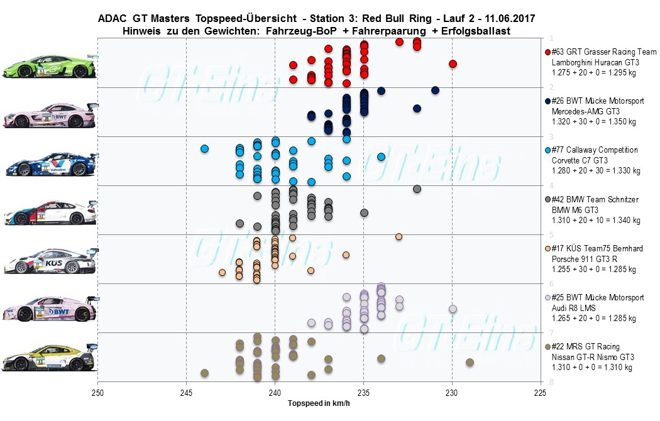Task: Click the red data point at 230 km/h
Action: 453,63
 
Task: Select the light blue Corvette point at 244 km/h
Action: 204,149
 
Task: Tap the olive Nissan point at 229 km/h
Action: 470,363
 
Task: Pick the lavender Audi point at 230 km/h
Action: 453,309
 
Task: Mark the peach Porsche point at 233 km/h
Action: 399,236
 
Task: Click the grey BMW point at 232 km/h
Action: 417,189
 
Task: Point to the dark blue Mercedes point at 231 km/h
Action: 435,90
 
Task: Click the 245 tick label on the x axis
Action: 186,393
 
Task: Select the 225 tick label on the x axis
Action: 540,393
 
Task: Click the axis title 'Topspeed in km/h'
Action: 319,403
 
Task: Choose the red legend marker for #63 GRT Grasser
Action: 547,53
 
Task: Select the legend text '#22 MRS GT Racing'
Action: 585,347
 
